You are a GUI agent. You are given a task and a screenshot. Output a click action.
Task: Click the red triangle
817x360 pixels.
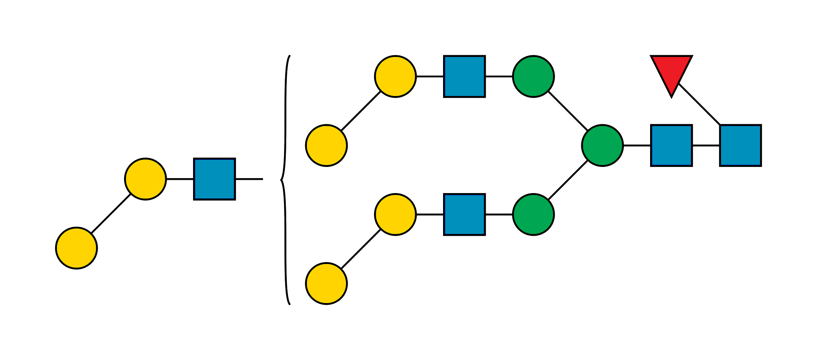click(x=671, y=72)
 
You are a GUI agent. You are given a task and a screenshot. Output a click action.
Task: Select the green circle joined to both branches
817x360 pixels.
click(x=602, y=145)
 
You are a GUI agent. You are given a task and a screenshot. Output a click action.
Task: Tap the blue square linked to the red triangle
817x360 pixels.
click(x=740, y=145)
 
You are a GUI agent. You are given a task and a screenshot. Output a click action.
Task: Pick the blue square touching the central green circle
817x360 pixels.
click(x=671, y=145)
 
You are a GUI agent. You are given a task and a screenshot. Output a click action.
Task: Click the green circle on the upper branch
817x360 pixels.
click(x=533, y=76)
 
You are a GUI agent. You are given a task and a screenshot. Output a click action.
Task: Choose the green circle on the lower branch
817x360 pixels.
click(x=533, y=215)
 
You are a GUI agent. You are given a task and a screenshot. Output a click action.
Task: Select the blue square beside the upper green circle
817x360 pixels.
click(x=465, y=76)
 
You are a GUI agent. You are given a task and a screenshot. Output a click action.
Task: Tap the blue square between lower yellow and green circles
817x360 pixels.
click(x=465, y=215)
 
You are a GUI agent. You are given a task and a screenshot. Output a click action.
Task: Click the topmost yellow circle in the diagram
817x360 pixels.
click(x=395, y=76)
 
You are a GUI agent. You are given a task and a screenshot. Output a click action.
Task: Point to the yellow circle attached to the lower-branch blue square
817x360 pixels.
click(x=395, y=215)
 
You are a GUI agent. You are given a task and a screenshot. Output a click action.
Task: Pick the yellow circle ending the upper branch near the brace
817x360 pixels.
click(x=326, y=145)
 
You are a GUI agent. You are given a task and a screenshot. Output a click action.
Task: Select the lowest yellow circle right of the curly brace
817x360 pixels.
click(x=326, y=283)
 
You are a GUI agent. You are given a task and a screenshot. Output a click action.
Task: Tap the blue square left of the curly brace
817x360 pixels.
click(x=215, y=179)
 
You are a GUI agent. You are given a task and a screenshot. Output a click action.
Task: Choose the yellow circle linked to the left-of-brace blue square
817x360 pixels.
click(x=145, y=179)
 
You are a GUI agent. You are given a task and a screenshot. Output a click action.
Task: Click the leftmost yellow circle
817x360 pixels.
click(x=77, y=248)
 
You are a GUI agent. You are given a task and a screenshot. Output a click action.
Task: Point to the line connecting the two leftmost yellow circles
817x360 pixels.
click(x=111, y=214)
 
